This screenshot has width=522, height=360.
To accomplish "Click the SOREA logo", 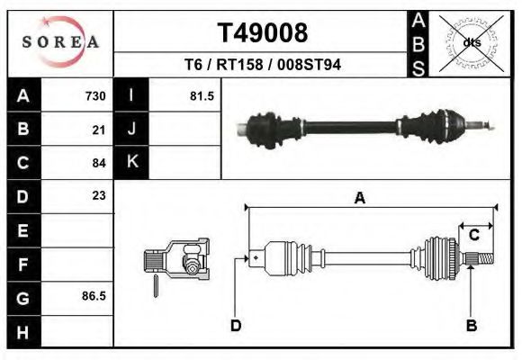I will click(x=60, y=42).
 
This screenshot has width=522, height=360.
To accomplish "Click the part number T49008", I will click(x=262, y=33).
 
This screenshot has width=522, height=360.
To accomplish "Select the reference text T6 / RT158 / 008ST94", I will click(x=262, y=66).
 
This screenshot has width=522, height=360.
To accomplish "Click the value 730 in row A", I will click(x=95, y=95).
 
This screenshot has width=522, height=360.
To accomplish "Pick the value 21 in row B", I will click(x=99, y=129).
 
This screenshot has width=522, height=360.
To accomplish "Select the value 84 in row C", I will click(x=99, y=163).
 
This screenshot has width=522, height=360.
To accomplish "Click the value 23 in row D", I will click(x=99, y=195).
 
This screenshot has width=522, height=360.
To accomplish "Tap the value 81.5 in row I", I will click(x=202, y=95).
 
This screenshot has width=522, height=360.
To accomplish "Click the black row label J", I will click(x=131, y=129).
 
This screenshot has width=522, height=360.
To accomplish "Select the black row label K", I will click(x=131, y=162).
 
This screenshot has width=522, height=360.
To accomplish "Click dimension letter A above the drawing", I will click(x=359, y=199).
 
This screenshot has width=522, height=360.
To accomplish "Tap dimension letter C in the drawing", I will click(x=473, y=235).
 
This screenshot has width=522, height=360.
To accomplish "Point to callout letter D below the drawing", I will click(x=235, y=325).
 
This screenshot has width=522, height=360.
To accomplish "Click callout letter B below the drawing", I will click(x=471, y=325).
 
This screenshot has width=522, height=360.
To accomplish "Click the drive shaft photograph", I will click(x=364, y=125).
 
